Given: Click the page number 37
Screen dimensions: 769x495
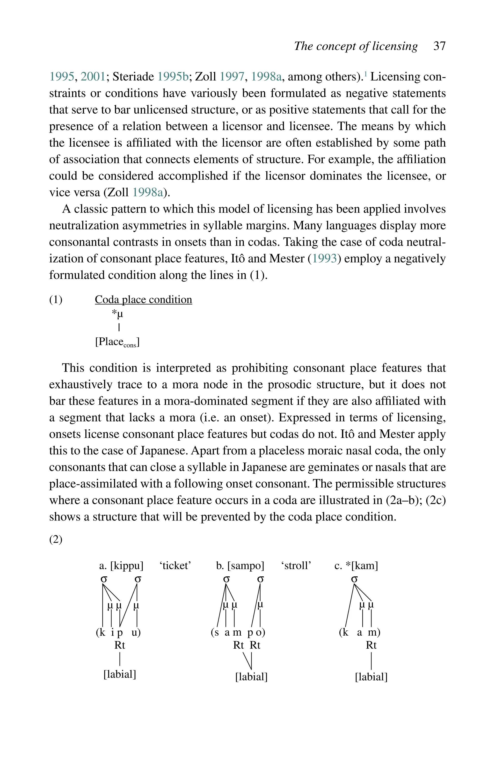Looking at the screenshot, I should [x=439, y=46].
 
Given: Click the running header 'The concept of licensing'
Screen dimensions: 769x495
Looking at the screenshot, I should [x=356, y=46].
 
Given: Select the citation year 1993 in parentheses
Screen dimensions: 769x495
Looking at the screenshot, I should [x=324, y=259].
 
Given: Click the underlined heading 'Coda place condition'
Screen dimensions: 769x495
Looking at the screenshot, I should [x=143, y=299].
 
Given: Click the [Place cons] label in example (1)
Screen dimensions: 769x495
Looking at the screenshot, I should [x=117, y=342].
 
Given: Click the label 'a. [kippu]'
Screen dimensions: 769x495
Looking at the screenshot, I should [x=121, y=566].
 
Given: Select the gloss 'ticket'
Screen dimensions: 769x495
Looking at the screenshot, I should [x=175, y=566].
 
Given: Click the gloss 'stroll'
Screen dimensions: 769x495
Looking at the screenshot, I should [x=296, y=566].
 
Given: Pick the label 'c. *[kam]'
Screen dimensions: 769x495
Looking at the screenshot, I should [x=356, y=566].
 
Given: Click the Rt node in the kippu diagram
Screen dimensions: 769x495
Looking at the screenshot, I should [x=120, y=645].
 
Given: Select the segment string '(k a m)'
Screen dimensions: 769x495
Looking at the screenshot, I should [x=360, y=632].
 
